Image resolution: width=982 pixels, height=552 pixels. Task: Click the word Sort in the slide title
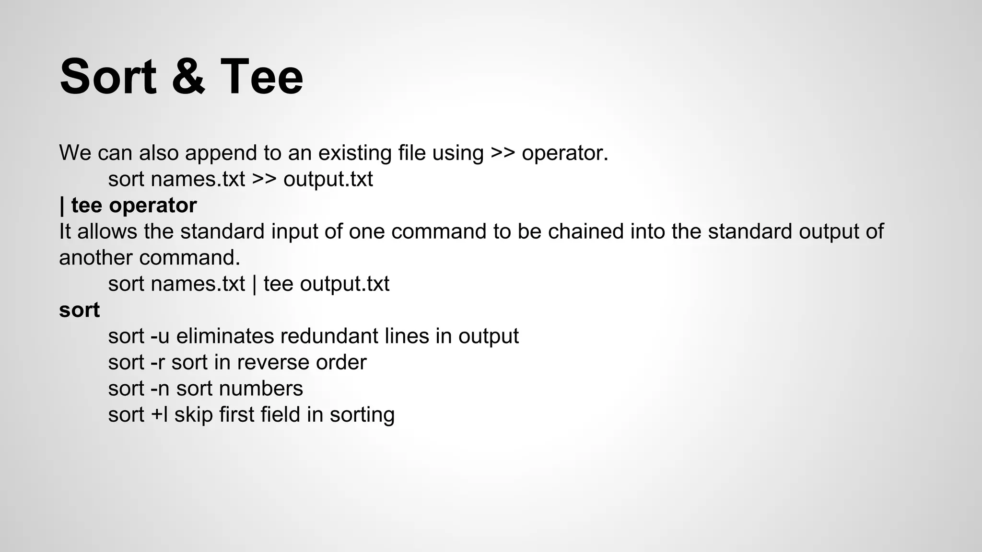[108, 77]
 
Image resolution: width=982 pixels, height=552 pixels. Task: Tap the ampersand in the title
[188, 77]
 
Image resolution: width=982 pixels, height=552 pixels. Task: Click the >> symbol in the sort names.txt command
[264, 179]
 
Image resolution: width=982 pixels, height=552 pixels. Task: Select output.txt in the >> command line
[328, 179]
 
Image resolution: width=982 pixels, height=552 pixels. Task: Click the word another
[95, 258]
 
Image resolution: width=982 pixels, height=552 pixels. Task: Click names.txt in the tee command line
[198, 284]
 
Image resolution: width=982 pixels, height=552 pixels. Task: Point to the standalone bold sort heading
[79, 310]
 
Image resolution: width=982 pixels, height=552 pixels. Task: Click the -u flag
[160, 336]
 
